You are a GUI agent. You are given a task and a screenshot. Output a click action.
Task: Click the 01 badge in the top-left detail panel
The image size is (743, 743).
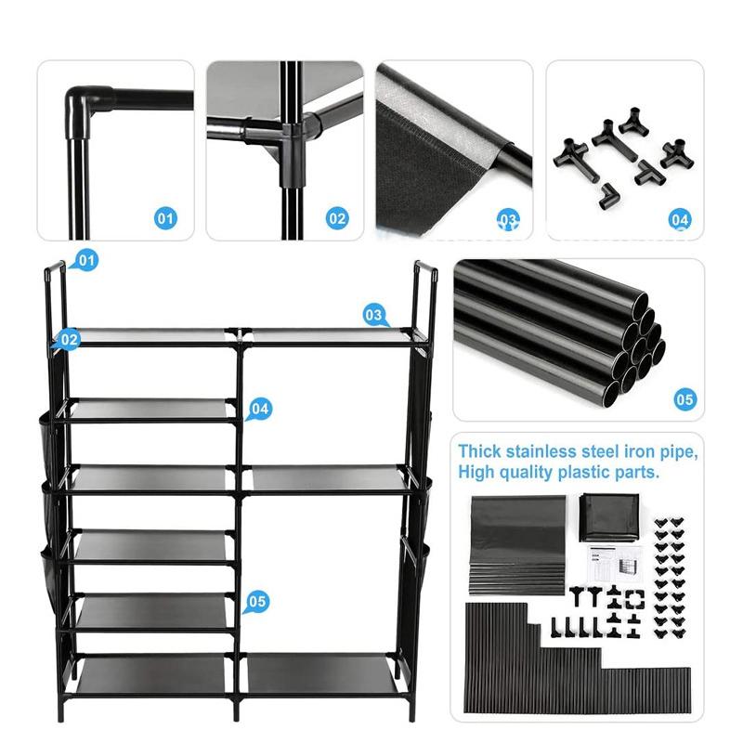click(x=164, y=219)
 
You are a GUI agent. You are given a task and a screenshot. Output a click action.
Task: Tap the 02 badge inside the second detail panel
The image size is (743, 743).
click(x=336, y=219)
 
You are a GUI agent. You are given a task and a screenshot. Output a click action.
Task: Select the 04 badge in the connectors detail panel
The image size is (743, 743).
click(x=680, y=219)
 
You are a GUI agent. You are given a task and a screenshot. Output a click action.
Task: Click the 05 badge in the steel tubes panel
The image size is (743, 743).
click(x=684, y=400)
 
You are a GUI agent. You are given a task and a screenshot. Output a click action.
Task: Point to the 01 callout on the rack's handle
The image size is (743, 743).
click(x=85, y=261)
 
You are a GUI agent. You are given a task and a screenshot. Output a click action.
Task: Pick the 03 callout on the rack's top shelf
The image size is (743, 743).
click(x=374, y=316)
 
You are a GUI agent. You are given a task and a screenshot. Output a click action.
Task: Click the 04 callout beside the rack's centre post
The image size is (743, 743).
click(x=259, y=408)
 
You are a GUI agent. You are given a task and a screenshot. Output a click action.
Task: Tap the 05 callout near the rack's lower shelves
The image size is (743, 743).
click(x=258, y=602)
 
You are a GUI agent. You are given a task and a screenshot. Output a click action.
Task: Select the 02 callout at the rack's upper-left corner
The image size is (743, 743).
click(x=68, y=340)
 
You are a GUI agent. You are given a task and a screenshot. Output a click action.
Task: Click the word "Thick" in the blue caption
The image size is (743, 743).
click(x=480, y=452)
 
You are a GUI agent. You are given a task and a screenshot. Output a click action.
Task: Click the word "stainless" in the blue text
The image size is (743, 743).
click(x=544, y=452)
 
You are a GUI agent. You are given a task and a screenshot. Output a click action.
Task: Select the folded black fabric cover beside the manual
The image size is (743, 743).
click(x=608, y=516)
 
